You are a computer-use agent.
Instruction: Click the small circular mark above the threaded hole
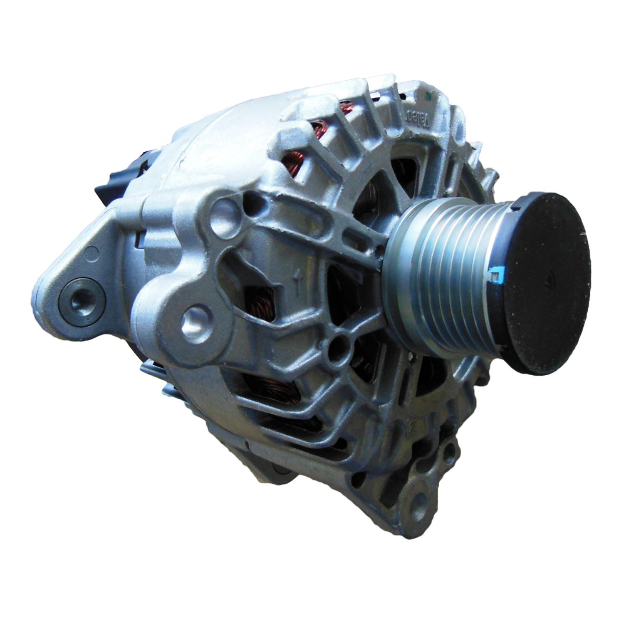pyautogui.click(x=94, y=252)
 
